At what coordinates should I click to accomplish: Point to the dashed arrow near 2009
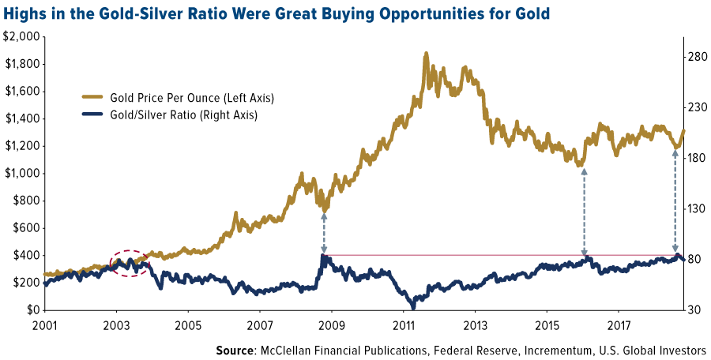pyautogui.click(x=324, y=232)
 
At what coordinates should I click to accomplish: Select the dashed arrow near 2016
pyautogui.click(x=584, y=210)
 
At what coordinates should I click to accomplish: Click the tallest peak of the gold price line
pyautogui.click(x=427, y=54)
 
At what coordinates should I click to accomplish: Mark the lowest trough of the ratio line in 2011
pyautogui.click(x=412, y=304)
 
